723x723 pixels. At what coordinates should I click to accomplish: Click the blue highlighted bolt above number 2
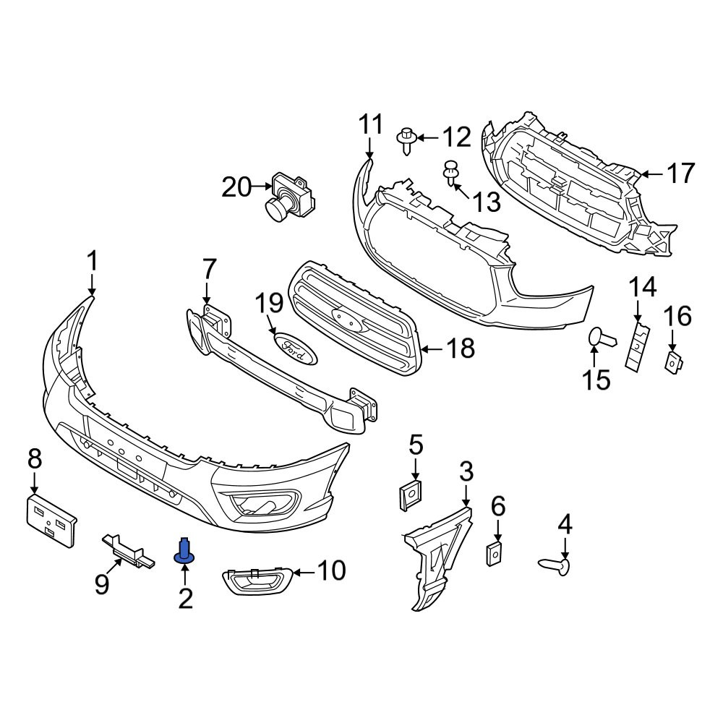coord(184,551)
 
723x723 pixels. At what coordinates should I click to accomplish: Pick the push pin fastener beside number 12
coord(406,141)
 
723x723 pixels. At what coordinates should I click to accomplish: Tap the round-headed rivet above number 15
coord(602,338)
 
